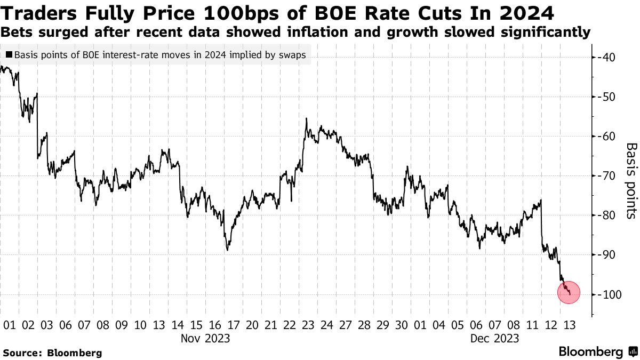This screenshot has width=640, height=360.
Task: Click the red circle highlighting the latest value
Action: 569,292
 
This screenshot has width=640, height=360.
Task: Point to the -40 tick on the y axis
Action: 609,58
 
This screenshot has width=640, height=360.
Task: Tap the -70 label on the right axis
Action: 609,176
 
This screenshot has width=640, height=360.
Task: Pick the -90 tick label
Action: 609,255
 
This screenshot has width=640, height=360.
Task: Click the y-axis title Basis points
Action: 631,180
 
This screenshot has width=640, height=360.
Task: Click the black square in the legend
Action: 9,55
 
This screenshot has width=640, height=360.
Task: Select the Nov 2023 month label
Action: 205,338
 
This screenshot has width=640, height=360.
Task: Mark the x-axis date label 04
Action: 438,325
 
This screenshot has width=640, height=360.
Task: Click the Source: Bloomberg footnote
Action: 52,353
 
